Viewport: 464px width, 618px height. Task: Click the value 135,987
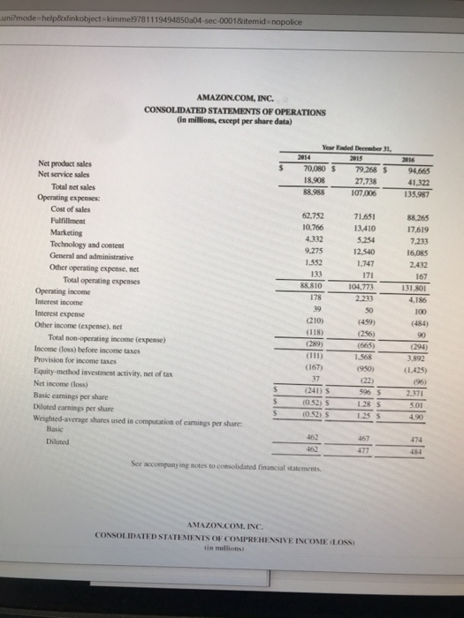click(x=413, y=195)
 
